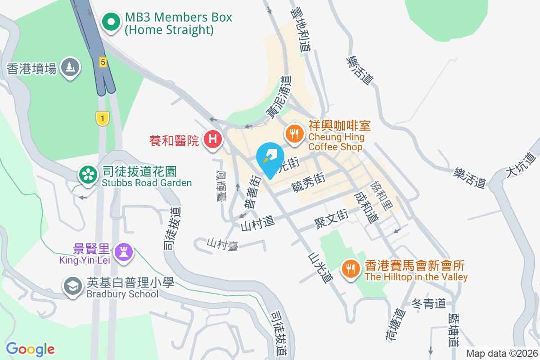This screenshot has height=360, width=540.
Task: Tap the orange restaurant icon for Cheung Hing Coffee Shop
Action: coord(294,134)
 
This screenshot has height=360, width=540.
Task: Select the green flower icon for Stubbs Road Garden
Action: coord(88,175)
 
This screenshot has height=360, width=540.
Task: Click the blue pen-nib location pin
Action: coord(270,158)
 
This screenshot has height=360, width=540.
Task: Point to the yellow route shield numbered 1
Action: coord(103,118)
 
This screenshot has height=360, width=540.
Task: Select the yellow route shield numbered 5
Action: coord(103,62)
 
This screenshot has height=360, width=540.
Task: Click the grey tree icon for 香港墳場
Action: coord(70,67)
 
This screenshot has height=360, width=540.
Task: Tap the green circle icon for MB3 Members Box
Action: coord(110,22)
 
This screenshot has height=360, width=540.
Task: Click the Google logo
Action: coord(30,349)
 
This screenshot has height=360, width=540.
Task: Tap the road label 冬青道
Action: coord(428,304)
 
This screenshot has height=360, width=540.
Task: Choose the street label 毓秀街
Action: coord(308,183)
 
